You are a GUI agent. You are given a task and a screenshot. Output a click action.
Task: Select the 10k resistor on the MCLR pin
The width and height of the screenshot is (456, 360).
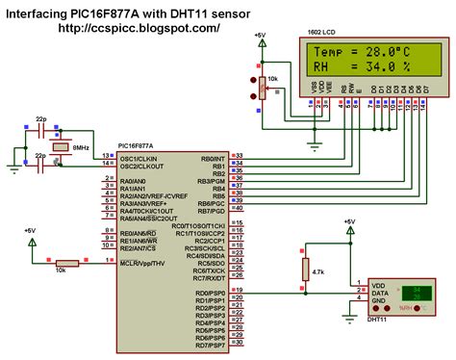click(x=67, y=263)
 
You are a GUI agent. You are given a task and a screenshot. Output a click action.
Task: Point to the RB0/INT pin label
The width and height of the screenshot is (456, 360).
click(x=213, y=156)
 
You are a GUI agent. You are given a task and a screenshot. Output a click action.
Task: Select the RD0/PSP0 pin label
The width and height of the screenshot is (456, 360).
click(x=210, y=292)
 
